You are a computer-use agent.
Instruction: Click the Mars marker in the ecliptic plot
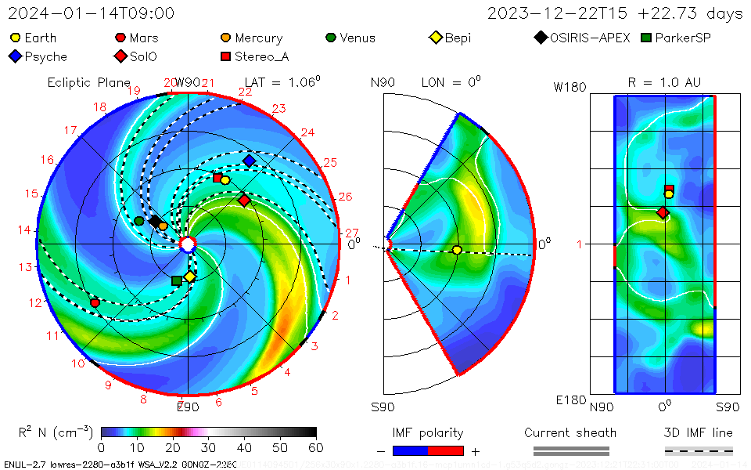point(95,302)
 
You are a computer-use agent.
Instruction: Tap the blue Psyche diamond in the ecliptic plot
point(249,161)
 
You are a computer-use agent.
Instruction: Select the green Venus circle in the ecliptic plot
point(139,221)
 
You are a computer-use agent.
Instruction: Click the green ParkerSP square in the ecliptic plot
point(177,280)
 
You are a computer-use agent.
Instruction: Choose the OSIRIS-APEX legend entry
point(583,38)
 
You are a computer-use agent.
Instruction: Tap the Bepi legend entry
point(451,38)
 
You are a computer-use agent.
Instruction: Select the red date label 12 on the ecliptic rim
point(34,303)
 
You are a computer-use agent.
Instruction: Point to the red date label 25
point(329,163)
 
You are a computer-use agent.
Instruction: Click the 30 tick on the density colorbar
point(208,447)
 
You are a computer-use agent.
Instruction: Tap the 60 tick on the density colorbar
point(316,447)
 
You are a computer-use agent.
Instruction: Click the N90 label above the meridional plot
point(383,82)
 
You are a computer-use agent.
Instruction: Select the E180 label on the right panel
point(570,400)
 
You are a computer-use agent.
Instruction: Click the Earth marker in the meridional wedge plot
point(457,250)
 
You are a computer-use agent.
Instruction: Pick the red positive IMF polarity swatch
point(446,450)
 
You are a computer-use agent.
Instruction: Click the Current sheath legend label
point(570,432)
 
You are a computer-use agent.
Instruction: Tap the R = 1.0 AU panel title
point(664,82)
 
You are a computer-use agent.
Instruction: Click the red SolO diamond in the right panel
point(663,212)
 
